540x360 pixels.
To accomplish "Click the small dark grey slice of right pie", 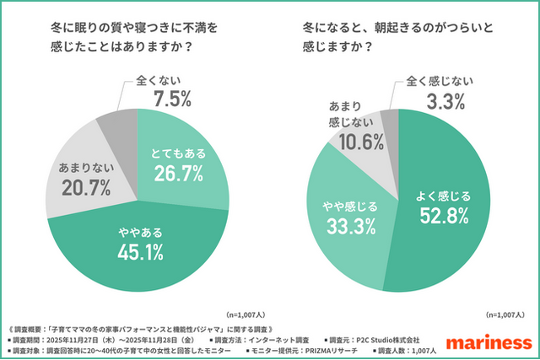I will coord(389,118).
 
